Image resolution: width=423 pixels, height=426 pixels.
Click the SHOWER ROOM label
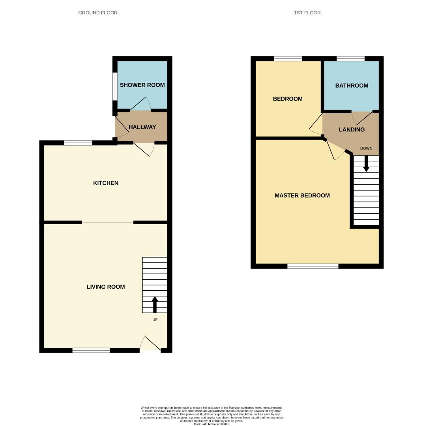coord(142,85)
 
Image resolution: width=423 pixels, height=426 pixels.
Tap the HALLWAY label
coord(142,127)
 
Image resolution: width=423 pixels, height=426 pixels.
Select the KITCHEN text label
coord(106,183)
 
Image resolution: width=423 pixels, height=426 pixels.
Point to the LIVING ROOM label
coord(106,287)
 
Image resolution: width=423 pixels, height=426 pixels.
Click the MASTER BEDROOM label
coord(302,195)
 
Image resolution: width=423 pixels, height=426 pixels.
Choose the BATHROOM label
coord(352,86)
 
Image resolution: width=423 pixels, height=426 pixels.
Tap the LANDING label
coord(352,129)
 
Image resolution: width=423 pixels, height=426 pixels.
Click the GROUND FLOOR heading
coord(98,13)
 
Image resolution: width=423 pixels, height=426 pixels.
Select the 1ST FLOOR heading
coord(307,13)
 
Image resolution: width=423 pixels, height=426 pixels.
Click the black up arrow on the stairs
coord(155,304)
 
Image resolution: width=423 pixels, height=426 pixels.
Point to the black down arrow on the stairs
coord(366,164)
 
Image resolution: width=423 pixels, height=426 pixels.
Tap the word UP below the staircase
coord(155,320)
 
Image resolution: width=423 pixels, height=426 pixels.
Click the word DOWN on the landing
coord(366,148)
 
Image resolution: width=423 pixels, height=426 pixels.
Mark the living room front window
coord(91,350)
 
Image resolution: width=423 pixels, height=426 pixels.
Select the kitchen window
coord(78,143)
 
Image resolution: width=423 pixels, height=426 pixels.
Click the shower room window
coord(115,86)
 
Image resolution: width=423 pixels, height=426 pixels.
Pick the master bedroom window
coord(313,266)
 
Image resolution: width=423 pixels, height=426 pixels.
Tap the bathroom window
coord(350,59)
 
